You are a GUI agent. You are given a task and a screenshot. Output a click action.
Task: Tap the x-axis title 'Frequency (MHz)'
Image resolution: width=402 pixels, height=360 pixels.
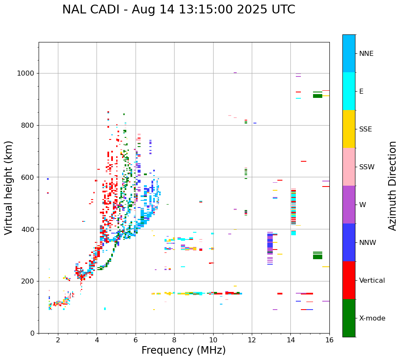pos(183,350)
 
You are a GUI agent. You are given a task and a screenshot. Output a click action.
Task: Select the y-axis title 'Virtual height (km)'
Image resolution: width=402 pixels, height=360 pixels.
pos(9,187)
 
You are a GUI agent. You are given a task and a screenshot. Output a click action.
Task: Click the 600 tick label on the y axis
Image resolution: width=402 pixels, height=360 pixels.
pos(28,177)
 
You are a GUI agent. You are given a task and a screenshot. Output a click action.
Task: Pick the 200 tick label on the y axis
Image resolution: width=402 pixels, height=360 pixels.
pos(28,281)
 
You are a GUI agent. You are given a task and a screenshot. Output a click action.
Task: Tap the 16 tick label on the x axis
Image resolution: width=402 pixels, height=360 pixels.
pos(329,340)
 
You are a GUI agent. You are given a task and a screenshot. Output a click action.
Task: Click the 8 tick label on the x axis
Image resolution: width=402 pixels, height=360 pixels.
pos(174,340)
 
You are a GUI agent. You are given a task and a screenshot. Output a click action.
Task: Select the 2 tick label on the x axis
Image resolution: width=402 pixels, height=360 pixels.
pos(58,340)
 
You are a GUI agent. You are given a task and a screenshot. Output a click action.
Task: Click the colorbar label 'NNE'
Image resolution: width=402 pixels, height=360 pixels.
pos(366,54)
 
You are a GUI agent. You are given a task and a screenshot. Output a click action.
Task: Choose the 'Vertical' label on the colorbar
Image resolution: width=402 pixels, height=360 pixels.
pos(372,281)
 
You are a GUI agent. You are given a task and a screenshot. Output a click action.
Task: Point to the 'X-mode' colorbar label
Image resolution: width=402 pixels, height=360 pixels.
pos(372,318)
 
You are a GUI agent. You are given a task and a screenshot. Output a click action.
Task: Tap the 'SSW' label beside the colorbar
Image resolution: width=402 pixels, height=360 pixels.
pos(366,167)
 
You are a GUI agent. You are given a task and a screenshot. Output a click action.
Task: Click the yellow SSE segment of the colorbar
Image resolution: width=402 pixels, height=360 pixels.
pos(349,129)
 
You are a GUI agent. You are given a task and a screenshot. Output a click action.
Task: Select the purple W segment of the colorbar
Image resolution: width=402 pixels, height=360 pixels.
pos(349,205)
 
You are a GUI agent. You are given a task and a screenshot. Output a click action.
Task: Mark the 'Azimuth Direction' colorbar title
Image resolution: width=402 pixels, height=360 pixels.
pos(392,186)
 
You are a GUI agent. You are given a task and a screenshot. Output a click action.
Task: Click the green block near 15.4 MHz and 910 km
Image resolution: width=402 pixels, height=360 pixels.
pos(318,96)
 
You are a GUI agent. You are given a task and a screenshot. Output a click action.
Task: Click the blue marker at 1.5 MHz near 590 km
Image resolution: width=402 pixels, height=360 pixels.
pos(48,179)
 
